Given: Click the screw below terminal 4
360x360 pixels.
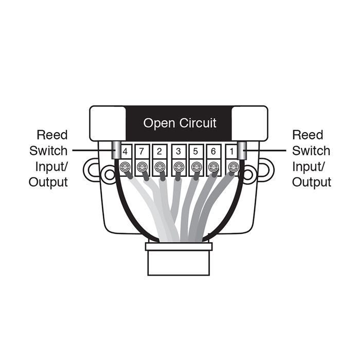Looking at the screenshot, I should coord(124,167).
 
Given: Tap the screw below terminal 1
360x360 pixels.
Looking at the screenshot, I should coord(232,167).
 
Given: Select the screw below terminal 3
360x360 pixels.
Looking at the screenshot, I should coord(178,167).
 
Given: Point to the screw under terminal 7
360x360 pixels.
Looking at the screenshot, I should coord(142,167).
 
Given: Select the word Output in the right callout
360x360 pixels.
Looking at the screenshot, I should coord(312,182).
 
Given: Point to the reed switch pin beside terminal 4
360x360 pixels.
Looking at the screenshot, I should coord(116,151).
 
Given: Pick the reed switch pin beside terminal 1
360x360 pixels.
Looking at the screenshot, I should coord(240,151).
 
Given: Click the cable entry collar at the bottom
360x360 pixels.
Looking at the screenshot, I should coord(178,260).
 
